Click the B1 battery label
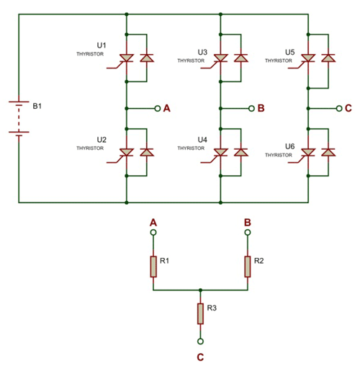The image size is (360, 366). (x=38, y=106)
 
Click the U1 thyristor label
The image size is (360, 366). (x=102, y=45)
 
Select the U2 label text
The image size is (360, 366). (x=102, y=139)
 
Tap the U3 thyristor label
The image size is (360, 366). (x=202, y=52)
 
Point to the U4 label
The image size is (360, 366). (x=202, y=139)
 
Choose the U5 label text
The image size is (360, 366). (x=289, y=52)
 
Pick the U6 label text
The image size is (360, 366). (x=289, y=146)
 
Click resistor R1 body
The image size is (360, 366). (x=153, y=266)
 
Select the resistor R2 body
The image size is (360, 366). (x=248, y=266)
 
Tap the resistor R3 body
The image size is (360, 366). (x=200, y=313)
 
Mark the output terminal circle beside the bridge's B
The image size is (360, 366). (x=251, y=108)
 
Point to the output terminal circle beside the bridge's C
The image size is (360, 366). (x=338, y=108)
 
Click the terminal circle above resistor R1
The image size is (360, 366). (x=153, y=233)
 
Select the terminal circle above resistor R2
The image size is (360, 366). (x=248, y=233)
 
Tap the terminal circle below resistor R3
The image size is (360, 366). (x=200, y=341)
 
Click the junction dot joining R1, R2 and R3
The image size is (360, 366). (x=200, y=290)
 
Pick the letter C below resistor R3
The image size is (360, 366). (x=200, y=356)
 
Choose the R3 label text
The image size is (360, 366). (x=212, y=307)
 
